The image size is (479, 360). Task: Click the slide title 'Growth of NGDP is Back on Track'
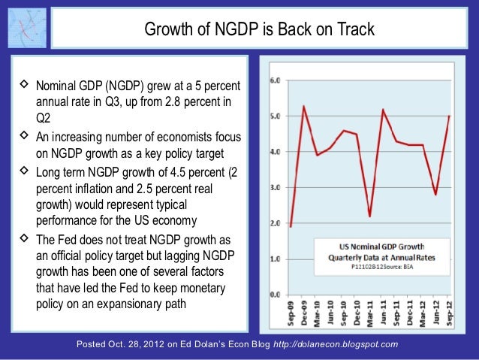coord(258,30)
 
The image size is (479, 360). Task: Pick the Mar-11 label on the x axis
coord(370,314)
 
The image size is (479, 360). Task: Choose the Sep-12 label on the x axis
coord(449,314)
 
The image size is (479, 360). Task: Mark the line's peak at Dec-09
coord(304,105)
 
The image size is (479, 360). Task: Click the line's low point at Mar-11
coord(370,216)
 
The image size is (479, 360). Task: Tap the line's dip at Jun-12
coord(436,195)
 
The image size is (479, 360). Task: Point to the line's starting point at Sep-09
coord(291,226)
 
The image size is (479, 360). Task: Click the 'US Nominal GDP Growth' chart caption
coord(383,244)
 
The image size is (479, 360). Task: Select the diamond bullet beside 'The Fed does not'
coord(22,241)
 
